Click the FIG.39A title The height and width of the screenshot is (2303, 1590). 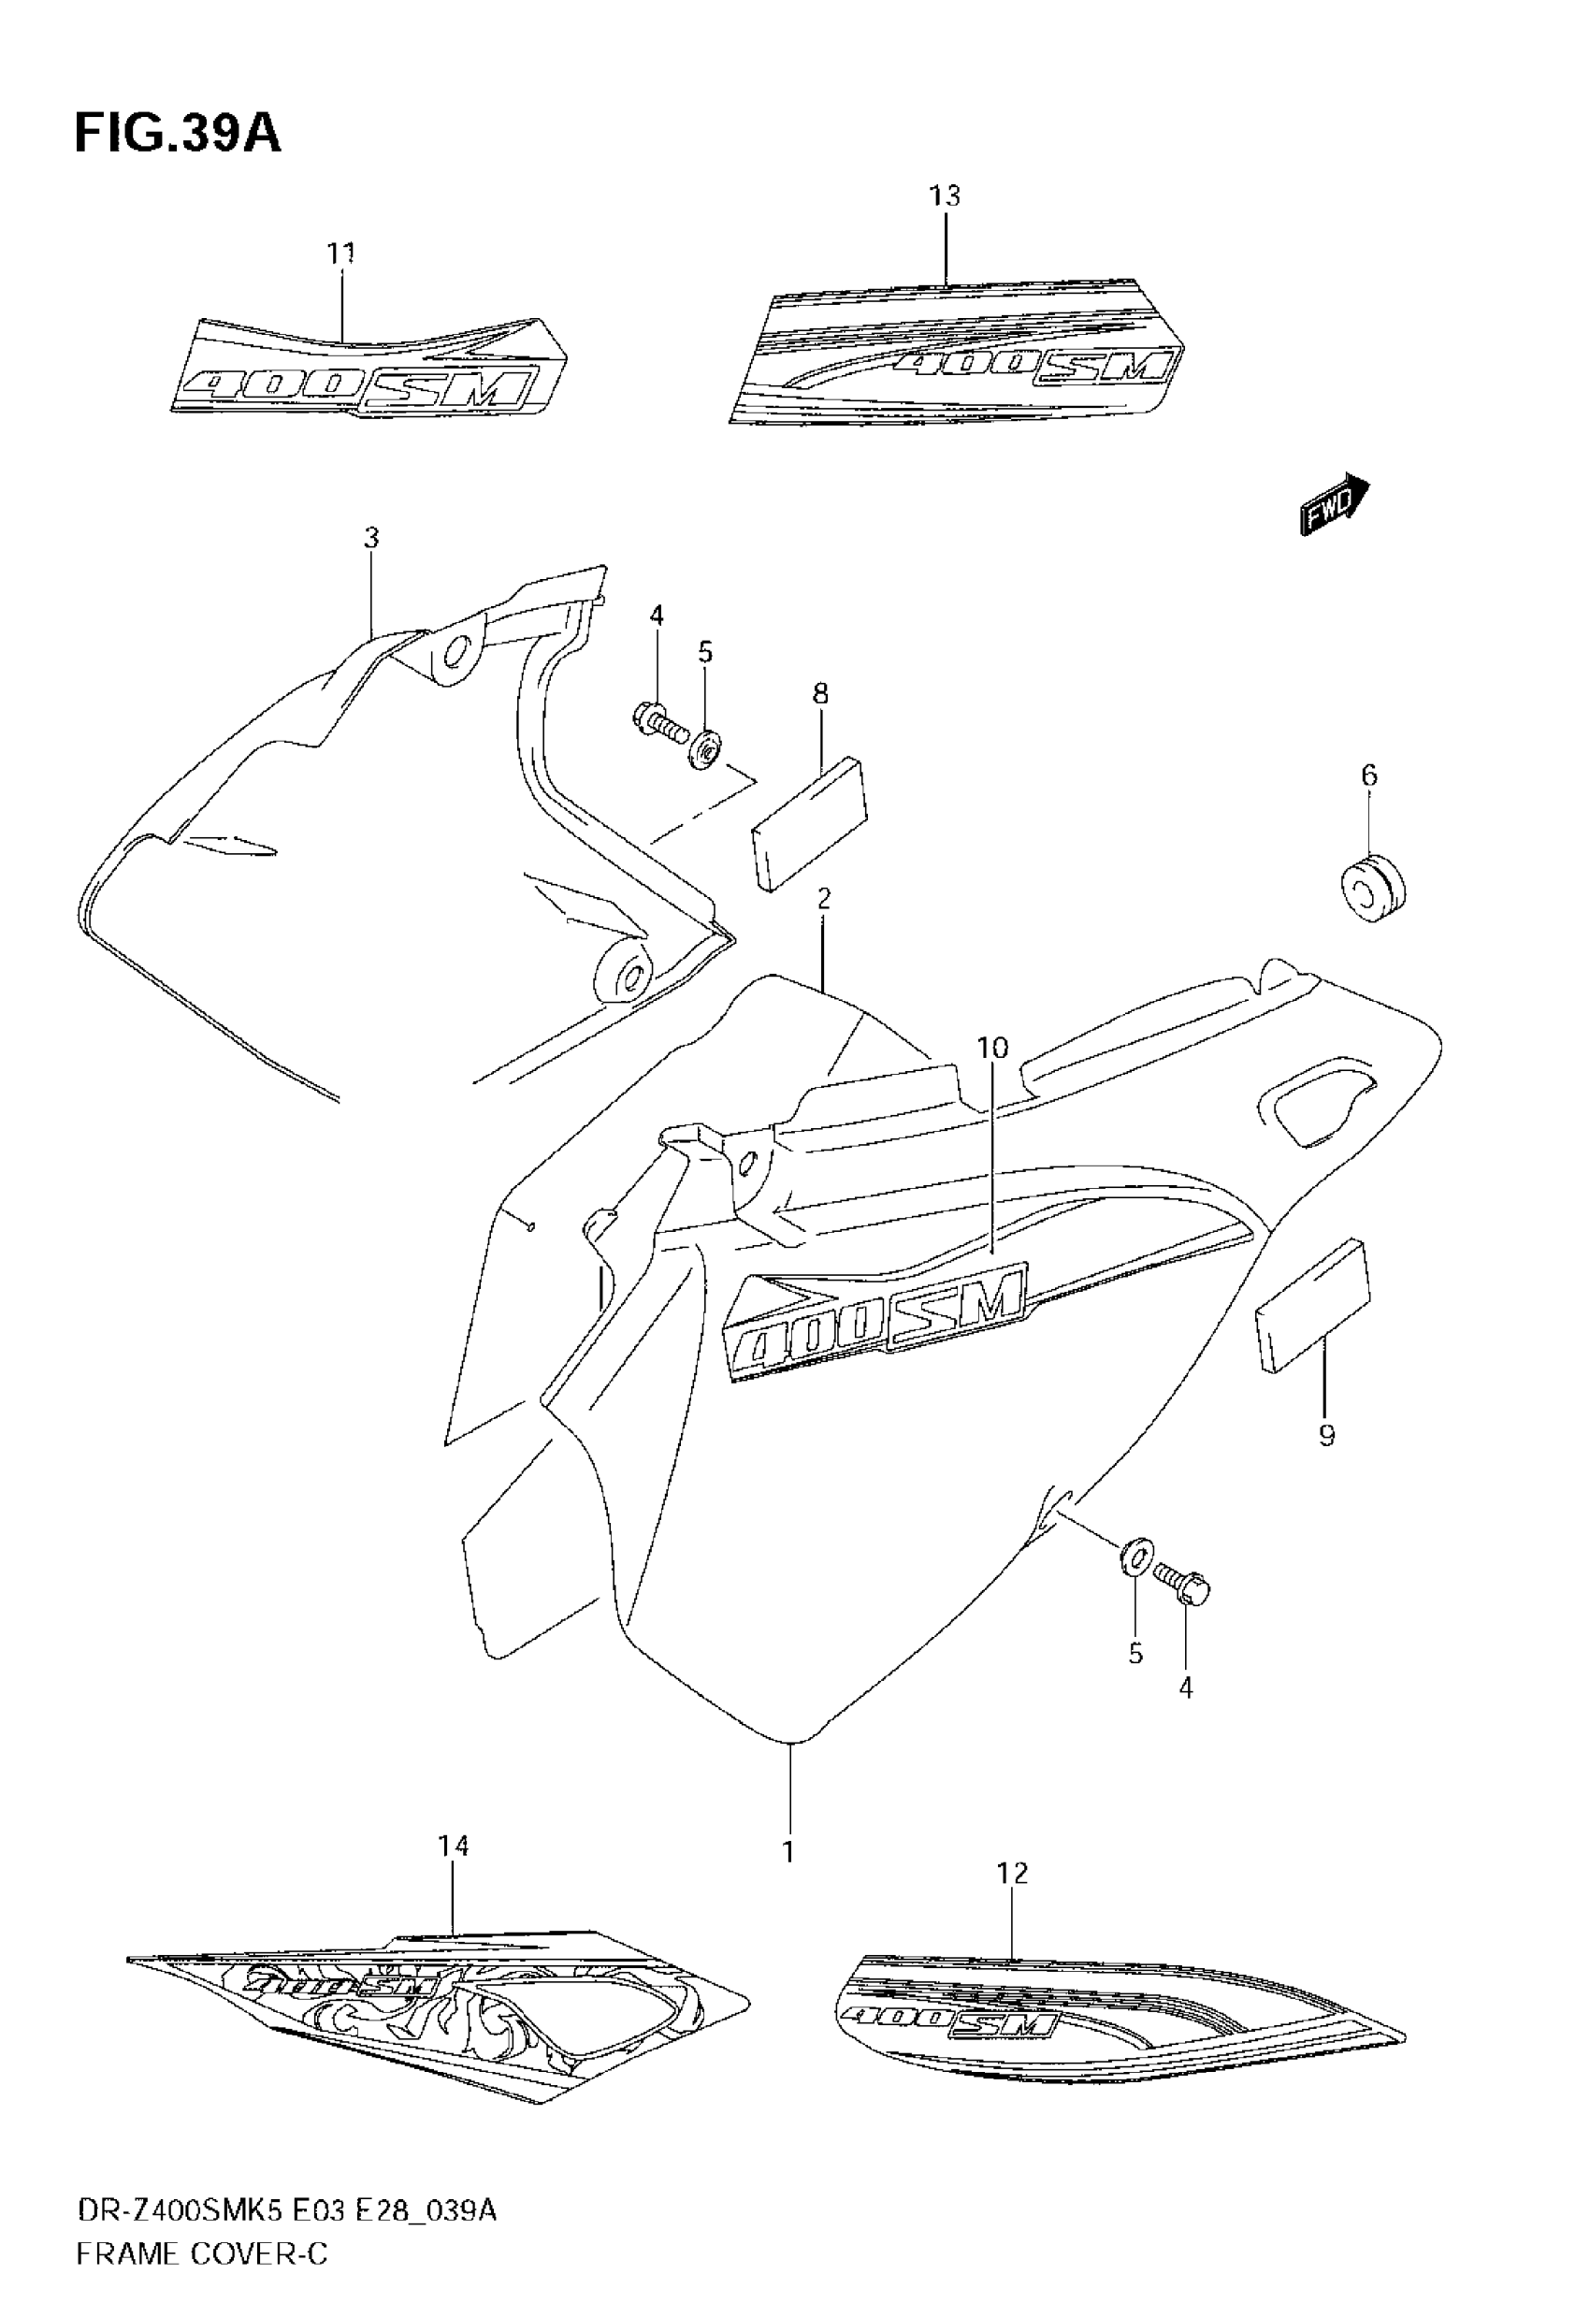click(178, 134)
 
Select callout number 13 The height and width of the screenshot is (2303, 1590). click(945, 196)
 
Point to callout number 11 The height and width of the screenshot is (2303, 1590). click(341, 254)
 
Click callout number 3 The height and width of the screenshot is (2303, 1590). click(371, 539)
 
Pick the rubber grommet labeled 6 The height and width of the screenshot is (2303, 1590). click(1371, 887)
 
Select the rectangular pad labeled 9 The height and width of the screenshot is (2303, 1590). click(1313, 1306)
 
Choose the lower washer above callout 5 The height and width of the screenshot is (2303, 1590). click(1135, 1557)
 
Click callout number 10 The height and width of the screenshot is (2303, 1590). click(992, 1048)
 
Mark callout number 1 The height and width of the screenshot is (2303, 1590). click(788, 1852)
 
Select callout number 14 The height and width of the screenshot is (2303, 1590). click(454, 1846)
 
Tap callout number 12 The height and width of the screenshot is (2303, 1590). click(1012, 1873)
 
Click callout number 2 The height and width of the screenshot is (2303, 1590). click(824, 900)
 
